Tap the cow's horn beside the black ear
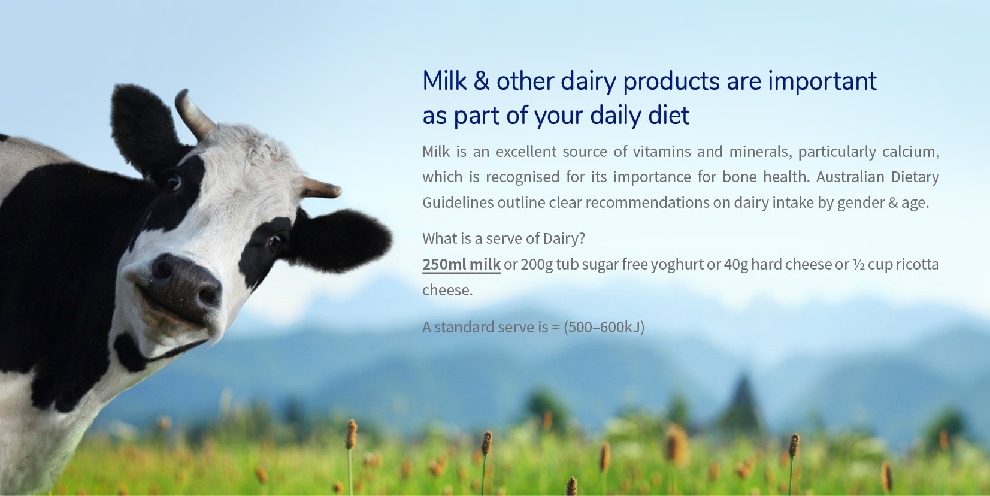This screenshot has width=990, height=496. pyautogui.click(x=321, y=187)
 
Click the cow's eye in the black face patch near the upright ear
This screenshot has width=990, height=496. pyautogui.click(x=174, y=182)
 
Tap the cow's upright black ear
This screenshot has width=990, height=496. pyautogui.click(x=144, y=128)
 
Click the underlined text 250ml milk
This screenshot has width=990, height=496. pyautogui.click(x=461, y=264)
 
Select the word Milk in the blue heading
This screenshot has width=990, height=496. pyautogui.click(x=444, y=81)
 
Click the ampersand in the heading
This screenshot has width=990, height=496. pyautogui.click(x=482, y=81)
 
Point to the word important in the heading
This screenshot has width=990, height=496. pyautogui.click(x=822, y=82)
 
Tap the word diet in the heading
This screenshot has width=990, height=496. pyautogui.click(x=669, y=116)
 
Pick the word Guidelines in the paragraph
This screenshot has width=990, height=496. pyautogui.click(x=458, y=202)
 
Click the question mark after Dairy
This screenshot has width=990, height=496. pyautogui.click(x=581, y=238)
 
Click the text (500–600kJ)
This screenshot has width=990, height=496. pyautogui.click(x=604, y=327)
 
